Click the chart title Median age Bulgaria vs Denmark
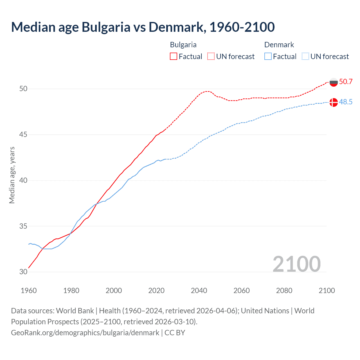pyautogui.click(x=143, y=27)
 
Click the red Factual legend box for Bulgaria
pyautogui.click(x=174, y=57)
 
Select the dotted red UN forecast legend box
pyautogui.click(x=211, y=57)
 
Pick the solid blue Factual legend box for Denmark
pyautogui.click(x=268, y=57)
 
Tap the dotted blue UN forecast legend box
pyautogui.click(x=305, y=57)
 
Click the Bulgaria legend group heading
pyautogui.click(x=183, y=45)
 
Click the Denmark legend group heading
pyautogui.click(x=279, y=45)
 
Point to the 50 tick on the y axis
pyautogui.click(x=23, y=89)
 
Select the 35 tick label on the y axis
pyautogui.click(x=23, y=226)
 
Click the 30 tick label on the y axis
pyautogui.click(x=23, y=272)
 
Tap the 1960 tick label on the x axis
pyautogui.click(x=29, y=291)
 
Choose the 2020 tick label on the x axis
pyautogui.click(x=156, y=291)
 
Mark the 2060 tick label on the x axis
pyautogui.click(x=242, y=291)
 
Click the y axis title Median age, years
pyautogui.click(x=12, y=175)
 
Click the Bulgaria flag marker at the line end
pyautogui.click(x=334, y=82)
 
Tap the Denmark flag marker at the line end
pyautogui.click(x=334, y=102)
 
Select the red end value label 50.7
pyautogui.click(x=346, y=82)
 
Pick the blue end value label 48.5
pyautogui.click(x=346, y=102)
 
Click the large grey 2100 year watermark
pyautogui.click(x=296, y=264)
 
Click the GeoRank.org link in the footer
pyautogui.click(x=85, y=333)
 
